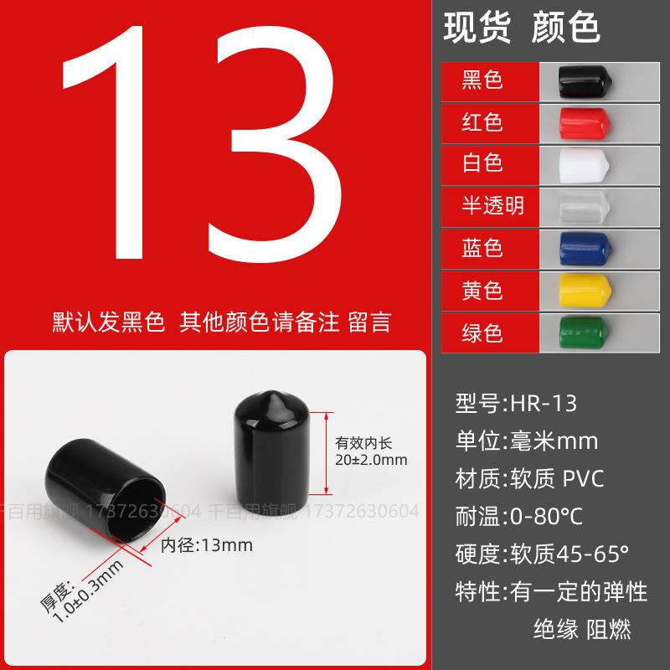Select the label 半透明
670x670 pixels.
493,205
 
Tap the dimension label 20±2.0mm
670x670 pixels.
370,460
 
